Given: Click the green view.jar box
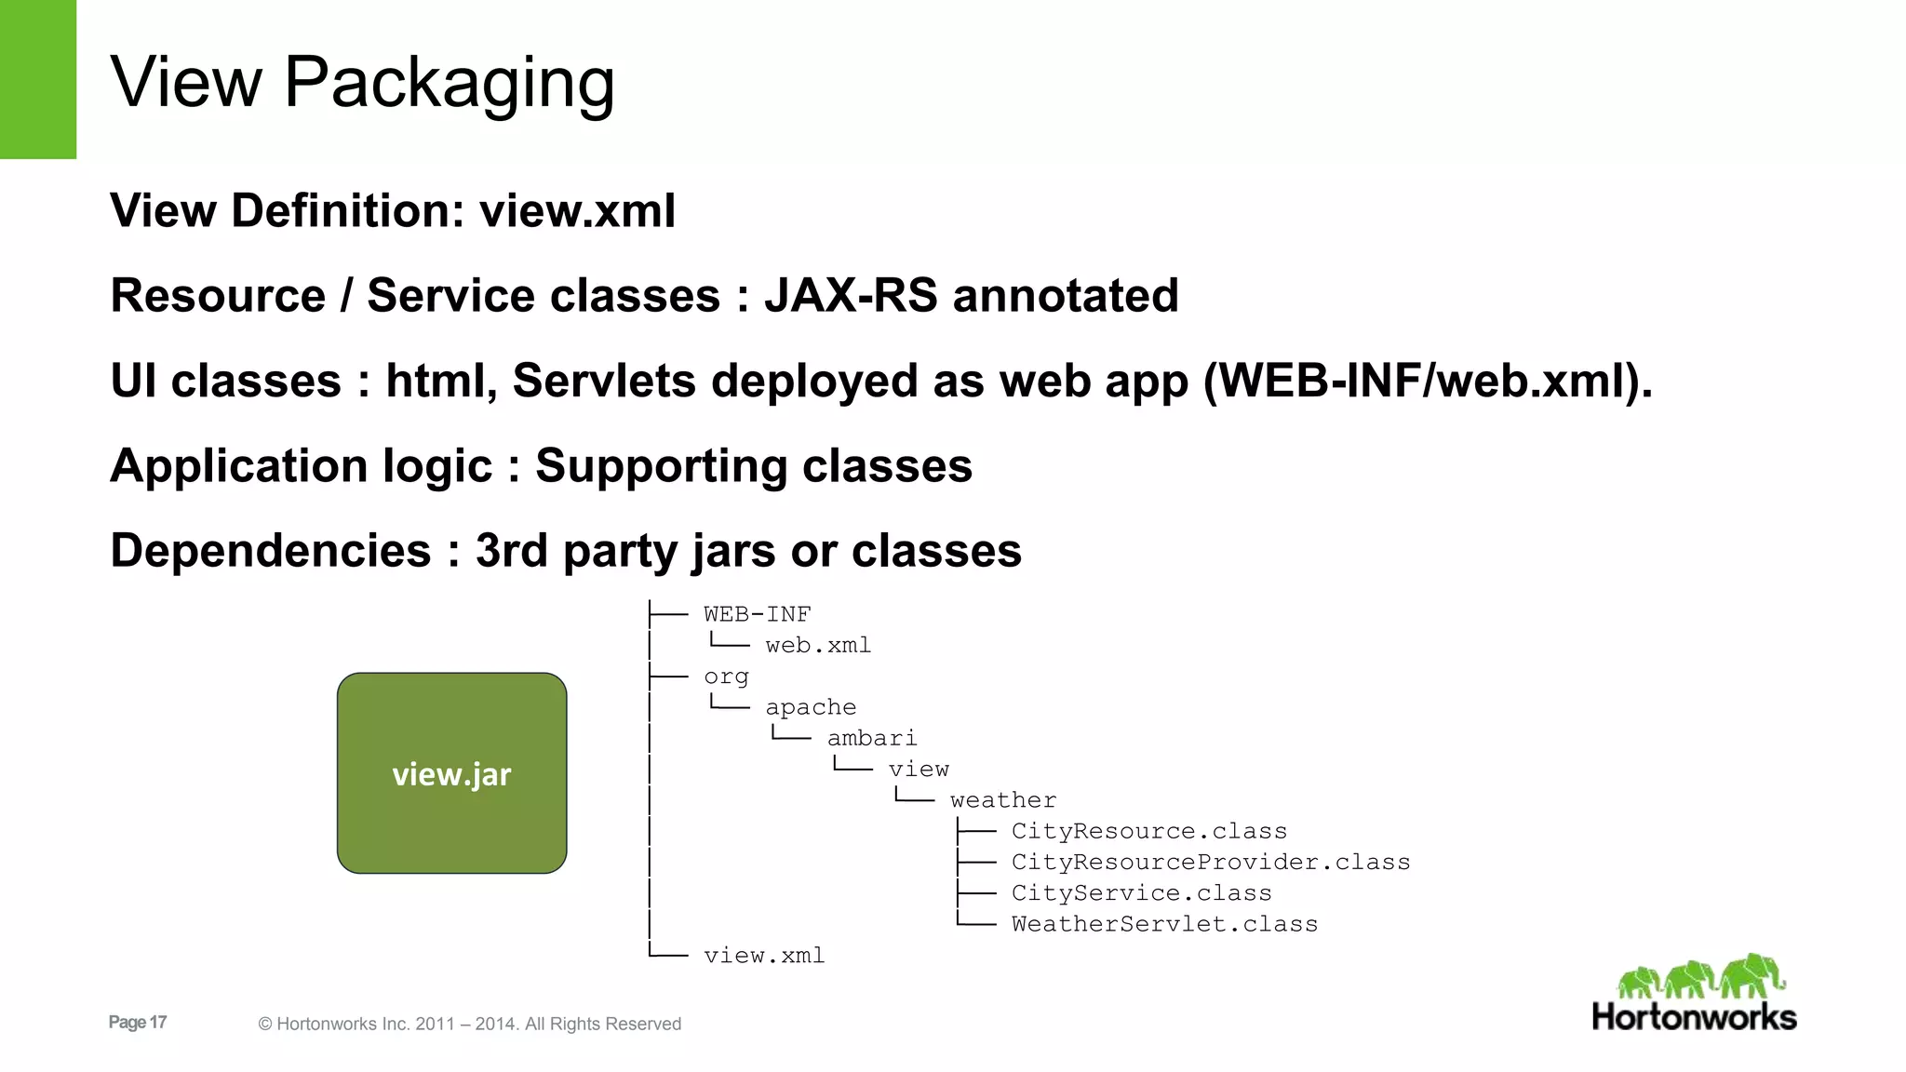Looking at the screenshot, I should point(451,772).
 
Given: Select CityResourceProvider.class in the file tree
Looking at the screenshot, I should point(1210,863).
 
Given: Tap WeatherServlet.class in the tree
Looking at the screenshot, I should point(1164,924).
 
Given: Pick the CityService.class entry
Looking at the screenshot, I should point(1141,893).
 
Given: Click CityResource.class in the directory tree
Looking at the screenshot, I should point(1148,831).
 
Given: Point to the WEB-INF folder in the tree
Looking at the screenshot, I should point(757,614).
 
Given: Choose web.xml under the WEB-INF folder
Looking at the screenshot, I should point(817,646).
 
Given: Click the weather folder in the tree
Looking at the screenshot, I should point(1002,800).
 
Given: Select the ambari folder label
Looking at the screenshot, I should point(871,739).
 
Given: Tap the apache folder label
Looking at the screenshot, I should point(810,707).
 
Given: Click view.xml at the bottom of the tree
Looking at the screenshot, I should point(763,956).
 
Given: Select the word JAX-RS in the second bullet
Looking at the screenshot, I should point(851,296).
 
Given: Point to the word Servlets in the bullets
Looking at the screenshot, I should point(603,381).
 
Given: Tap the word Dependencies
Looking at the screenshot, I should point(270,550).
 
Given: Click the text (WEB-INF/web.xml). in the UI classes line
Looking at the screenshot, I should point(1428,381).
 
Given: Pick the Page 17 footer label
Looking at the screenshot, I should point(137,1022).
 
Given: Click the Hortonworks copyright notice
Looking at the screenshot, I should point(469,1024).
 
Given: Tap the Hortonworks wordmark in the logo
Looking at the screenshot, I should point(1694,1016).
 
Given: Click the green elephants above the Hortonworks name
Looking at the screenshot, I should point(1701,976).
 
